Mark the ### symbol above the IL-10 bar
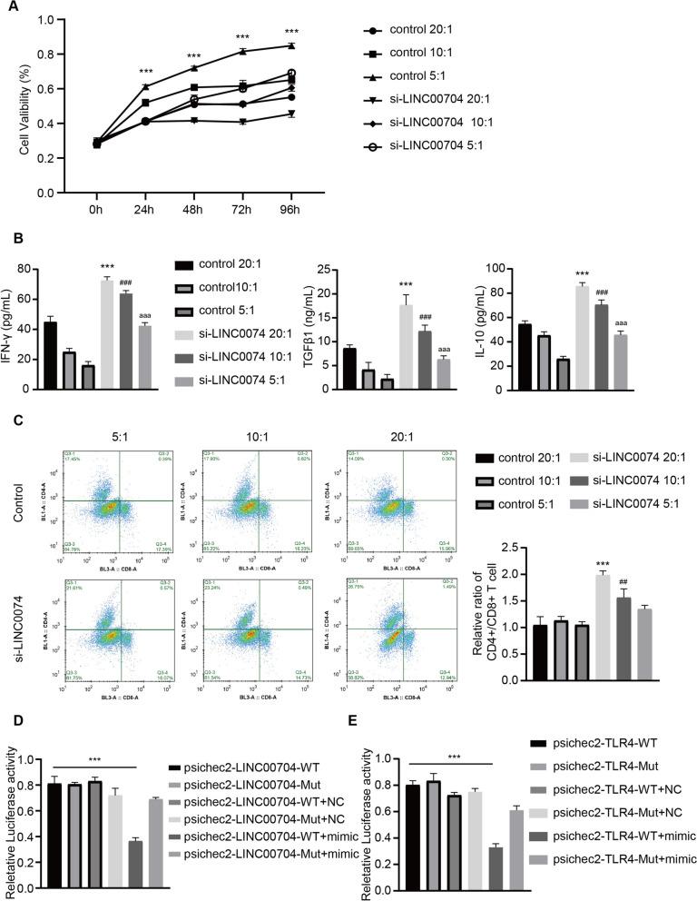pyautogui.click(x=600, y=292)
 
